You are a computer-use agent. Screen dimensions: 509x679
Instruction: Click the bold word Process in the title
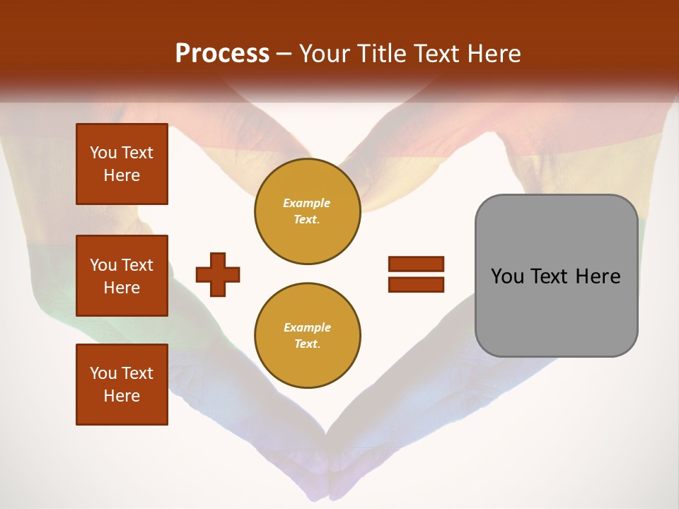coord(222,54)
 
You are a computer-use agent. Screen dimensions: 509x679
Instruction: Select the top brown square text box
coord(122,164)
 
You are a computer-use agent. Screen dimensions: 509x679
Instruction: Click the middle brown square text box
coord(122,276)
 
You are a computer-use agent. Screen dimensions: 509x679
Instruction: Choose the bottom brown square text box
coord(122,385)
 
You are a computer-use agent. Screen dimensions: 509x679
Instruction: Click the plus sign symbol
coord(218,274)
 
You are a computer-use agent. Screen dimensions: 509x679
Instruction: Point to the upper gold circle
coord(308,211)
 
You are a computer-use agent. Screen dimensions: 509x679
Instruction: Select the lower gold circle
coord(308,336)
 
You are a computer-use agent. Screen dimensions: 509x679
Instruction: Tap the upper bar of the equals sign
coord(416,264)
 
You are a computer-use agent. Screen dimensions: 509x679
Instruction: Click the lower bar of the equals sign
coord(416,284)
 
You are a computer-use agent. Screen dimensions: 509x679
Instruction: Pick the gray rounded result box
coord(556,276)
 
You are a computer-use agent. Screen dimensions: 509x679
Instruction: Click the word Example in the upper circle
coord(307,203)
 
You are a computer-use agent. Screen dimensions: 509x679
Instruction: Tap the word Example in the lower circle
coord(307,327)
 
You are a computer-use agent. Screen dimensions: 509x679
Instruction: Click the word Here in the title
coord(494,54)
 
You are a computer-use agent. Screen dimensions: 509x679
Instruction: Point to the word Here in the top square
coord(122,175)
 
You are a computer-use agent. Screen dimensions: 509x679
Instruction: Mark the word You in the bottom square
coord(103,373)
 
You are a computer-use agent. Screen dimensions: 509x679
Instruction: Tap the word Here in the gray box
coord(598,276)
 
